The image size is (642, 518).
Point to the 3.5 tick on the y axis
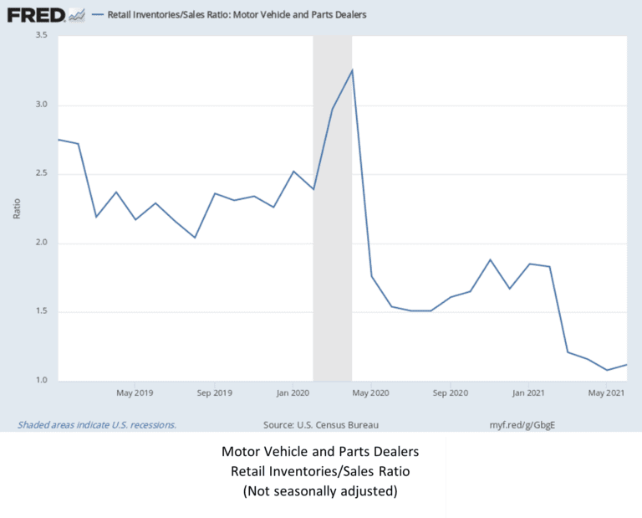coord(41,35)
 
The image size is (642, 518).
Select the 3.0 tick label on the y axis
coord(41,105)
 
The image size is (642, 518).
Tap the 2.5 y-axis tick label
coord(41,174)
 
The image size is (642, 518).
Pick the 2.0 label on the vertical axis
coord(41,244)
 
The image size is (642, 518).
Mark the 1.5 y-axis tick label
coord(41,312)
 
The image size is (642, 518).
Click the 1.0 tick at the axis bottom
coord(41,381)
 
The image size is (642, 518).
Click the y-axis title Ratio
coord(18,208)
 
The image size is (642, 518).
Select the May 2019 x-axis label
coord(135,392)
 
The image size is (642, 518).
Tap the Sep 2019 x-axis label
coord(215,392)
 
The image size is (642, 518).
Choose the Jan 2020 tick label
coord(293,392)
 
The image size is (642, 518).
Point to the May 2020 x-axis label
coord(371,392)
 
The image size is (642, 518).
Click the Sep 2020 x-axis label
coord(451,392)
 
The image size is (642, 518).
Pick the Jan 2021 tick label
coord(529,392)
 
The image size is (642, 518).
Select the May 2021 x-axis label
coord(606,392)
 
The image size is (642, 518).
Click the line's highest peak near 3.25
coord(352,70)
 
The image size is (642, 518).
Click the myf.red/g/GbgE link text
coord(522,423)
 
